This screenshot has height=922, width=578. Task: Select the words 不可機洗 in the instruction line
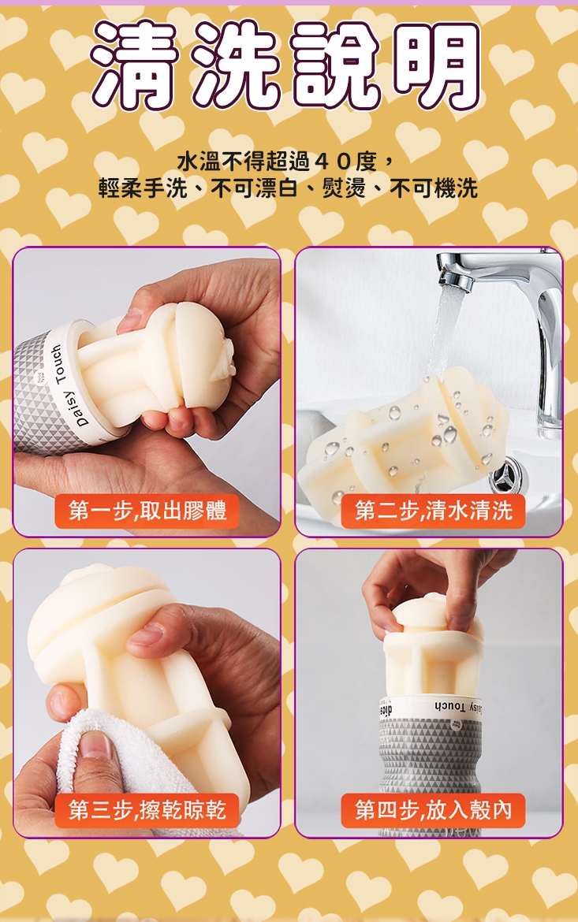tap(434, 188)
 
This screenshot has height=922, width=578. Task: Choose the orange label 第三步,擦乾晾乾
tap(147, 810)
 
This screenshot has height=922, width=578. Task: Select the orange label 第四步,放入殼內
tap(433, 810)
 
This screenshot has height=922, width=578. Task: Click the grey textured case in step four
tap(430, 764)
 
